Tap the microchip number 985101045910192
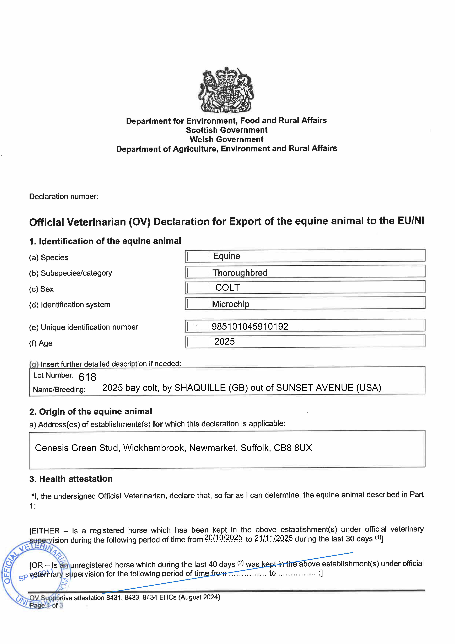coord(250,327)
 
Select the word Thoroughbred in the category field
coord(240,273)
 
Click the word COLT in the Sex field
coord(227,287)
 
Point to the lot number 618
coord(88,377)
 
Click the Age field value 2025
coord(225,342)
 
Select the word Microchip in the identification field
coord(231,304)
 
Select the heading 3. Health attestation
coord(71,479)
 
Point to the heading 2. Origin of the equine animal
coord(91,412)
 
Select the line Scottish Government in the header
coord(227,130)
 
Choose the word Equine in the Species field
coord(227,256)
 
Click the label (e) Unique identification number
coord(84,327)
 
